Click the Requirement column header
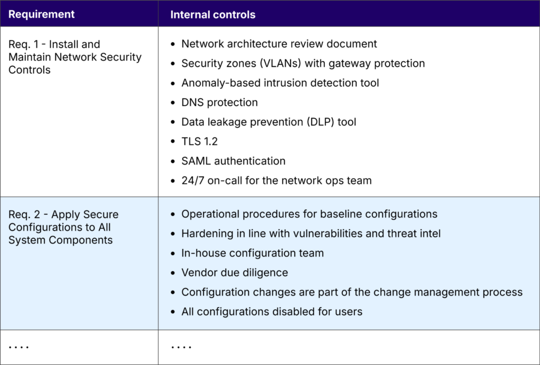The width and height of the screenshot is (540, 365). click(42, 14)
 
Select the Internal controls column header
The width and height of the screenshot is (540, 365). click(213, 14)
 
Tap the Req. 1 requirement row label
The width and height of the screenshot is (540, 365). click(75, 57)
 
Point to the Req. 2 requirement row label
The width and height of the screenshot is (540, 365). click(63, 227)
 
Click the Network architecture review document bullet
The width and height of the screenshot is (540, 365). click(279, 44)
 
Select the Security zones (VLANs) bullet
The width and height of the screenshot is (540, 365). click(303, 63)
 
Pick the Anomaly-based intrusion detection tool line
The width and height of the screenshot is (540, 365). click(280, 83)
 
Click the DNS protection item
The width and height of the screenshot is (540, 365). click(219, 102)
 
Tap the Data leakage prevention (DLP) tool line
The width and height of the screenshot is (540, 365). click(268, 122)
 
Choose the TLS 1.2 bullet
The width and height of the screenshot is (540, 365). click(199, 141)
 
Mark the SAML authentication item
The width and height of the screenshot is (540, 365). click(233, 161)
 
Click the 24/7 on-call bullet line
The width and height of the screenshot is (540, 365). click(276, 180)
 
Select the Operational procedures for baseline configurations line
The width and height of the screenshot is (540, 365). click(309, 214)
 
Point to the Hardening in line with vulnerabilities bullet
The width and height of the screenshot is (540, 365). click(311, 234)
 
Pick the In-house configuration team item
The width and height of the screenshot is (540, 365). click(252, 253)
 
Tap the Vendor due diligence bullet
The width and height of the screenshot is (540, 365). click(234, 273)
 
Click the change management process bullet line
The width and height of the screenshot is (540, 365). click(351, 292)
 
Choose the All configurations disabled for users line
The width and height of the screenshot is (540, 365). click(272, 312)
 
